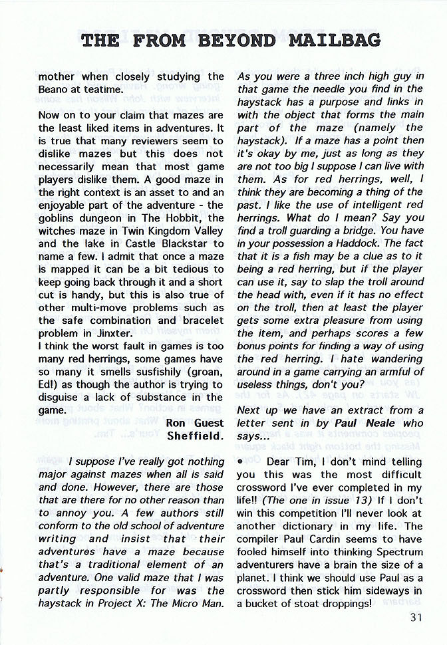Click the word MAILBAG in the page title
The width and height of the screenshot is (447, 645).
point(335,40)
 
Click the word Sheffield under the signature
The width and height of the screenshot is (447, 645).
point(196,436)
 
